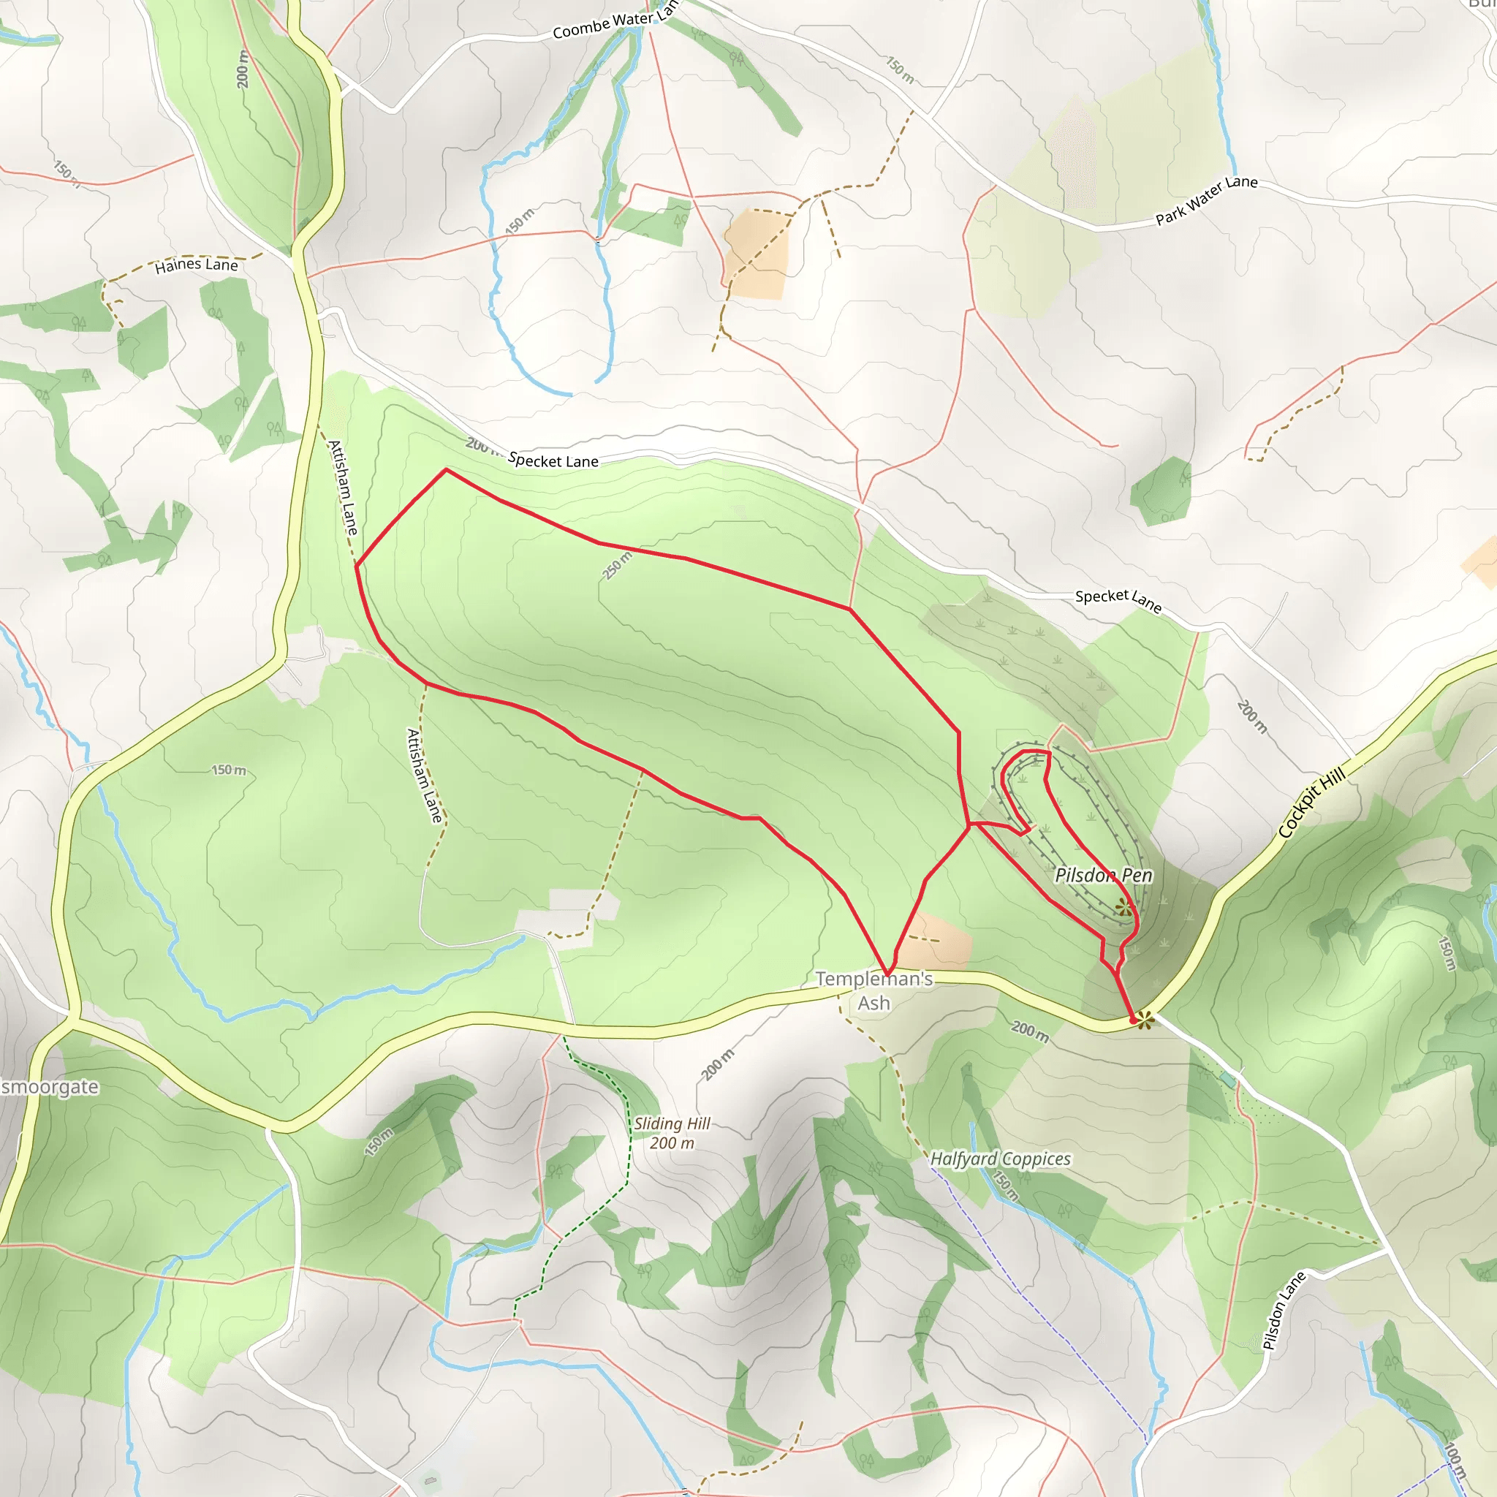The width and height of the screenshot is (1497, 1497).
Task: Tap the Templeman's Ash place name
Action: coord(874,991)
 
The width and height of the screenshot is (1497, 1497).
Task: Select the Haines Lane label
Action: coord(196,265)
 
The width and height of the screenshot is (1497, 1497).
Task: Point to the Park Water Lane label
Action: coord(1206,200)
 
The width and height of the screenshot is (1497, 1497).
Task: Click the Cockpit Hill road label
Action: coord(1311,803)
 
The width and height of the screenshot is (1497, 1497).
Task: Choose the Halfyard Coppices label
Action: coord(1001,1159)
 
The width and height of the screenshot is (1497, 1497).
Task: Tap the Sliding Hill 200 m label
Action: coord(672,1133)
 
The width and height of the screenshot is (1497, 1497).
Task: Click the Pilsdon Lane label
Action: coord(1284,1311)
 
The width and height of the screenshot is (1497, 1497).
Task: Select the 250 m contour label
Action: coord(618,566)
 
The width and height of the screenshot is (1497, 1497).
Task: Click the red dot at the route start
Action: coord(1134,1021)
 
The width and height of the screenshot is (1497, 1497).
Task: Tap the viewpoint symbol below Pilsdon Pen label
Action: coord(1123,907)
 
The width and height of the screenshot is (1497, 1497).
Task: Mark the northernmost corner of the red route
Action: coord(446,469)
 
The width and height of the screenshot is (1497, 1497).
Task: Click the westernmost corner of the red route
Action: coord(356,566)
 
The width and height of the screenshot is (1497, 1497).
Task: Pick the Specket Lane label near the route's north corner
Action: coord(553,461)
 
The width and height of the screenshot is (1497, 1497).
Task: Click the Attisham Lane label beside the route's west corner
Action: coord(343,488)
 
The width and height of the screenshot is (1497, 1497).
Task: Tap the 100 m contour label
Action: coord(1455,1460)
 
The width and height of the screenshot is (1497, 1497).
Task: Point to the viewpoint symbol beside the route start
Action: coord(1145,1020)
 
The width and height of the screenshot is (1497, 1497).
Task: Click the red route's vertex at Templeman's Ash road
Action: coord(888,974)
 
